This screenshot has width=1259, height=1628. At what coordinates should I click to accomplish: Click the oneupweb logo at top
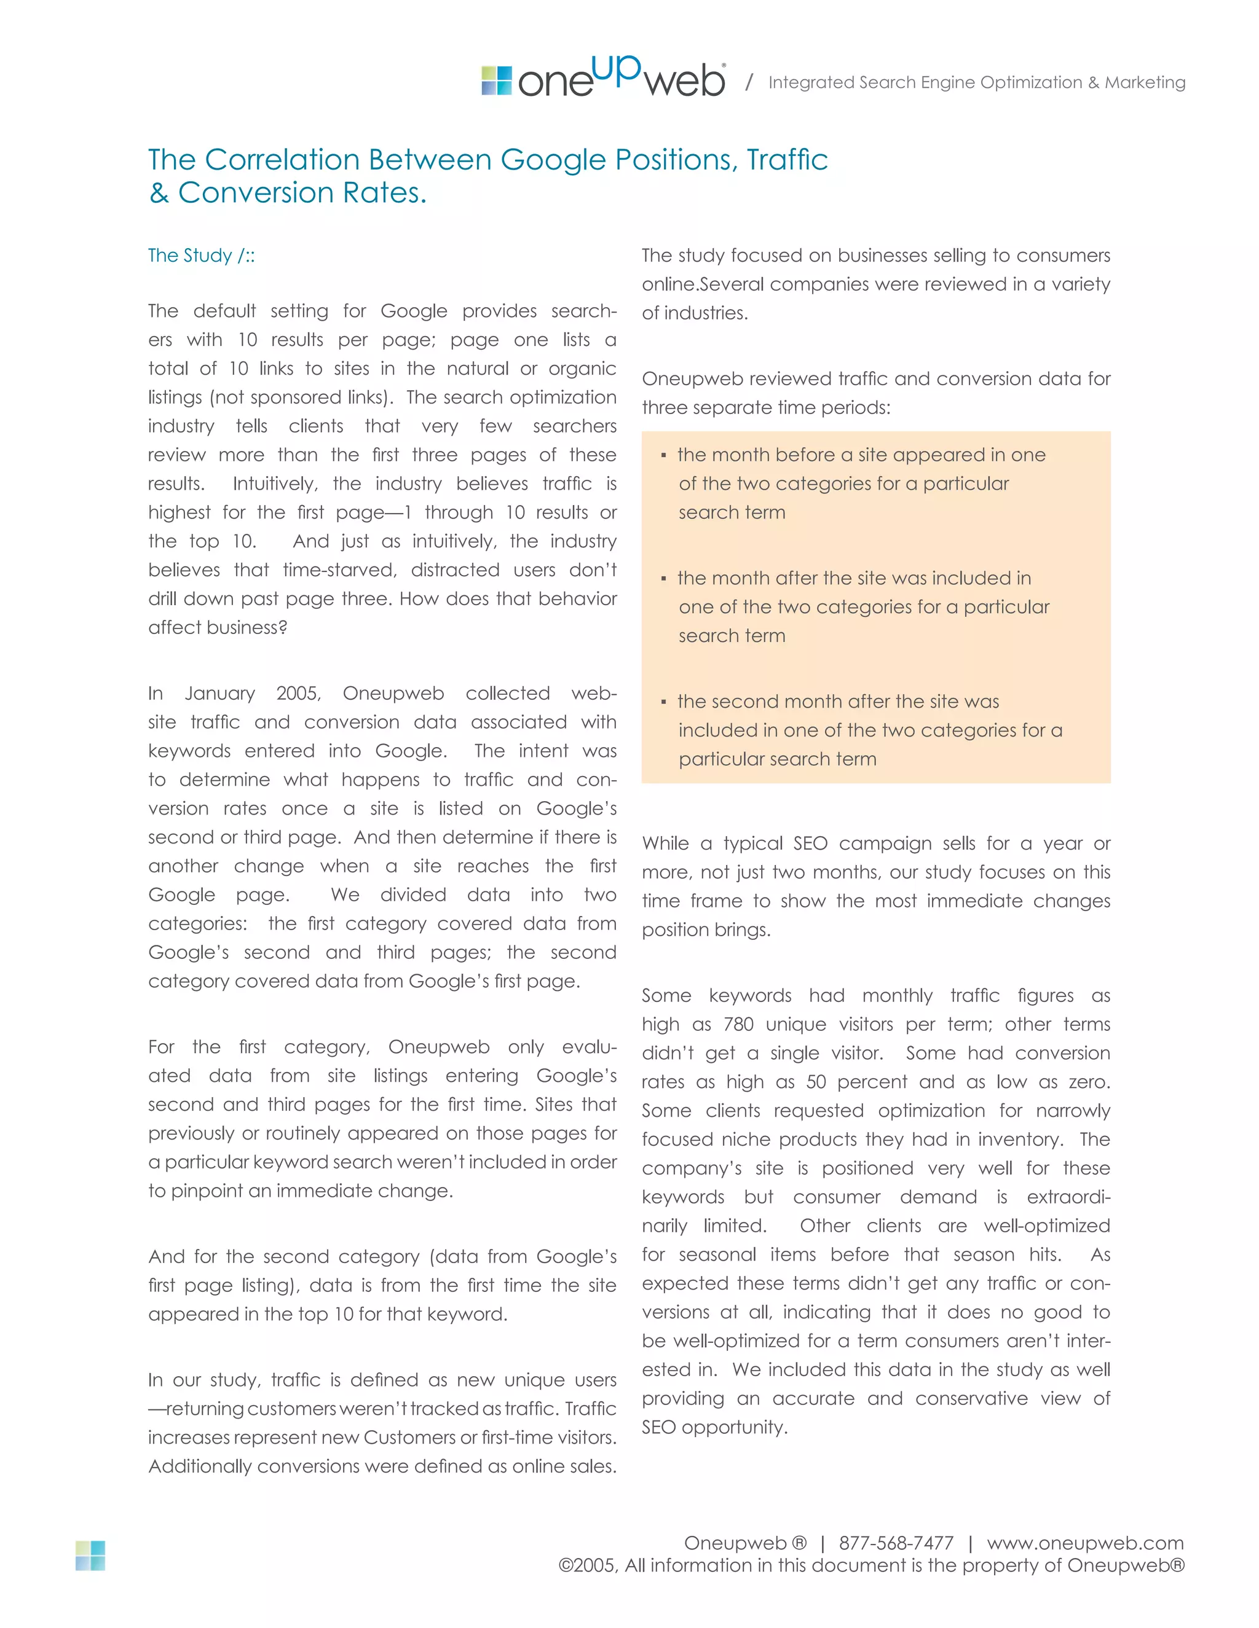[602, 78]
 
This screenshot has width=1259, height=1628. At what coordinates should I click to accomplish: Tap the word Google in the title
[553, 160]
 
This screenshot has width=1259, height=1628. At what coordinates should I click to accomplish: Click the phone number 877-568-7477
[896, 1543]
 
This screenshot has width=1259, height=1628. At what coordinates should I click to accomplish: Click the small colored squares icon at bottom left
[90, 1556]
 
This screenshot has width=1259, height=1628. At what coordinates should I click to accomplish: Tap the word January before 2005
[220, 693]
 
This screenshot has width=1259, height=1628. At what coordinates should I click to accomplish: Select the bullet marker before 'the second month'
[663, 702]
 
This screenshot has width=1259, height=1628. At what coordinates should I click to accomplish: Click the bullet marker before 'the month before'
[663, 455]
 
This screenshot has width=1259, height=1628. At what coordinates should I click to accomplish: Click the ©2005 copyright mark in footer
[588, 1565]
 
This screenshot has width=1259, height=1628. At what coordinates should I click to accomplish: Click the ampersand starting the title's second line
[158, 193]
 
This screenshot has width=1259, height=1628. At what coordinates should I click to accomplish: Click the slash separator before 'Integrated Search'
[749, 82]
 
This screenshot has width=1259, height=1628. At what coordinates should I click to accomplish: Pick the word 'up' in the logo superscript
[618, 69]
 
